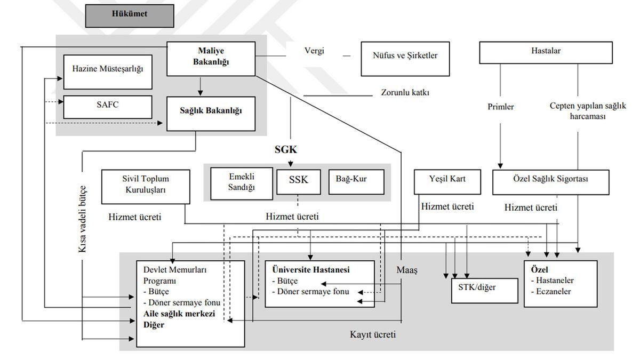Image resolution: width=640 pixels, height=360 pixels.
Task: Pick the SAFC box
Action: [107, 106]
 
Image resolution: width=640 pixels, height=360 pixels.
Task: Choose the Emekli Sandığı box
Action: [242, 183]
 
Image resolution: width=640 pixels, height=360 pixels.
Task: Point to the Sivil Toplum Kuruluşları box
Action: [145, 186]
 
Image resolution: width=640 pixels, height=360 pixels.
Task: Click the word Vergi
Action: [314, 52]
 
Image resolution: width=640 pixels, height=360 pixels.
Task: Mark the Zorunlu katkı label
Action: [405, 92]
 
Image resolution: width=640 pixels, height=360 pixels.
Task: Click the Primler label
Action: [501, 107]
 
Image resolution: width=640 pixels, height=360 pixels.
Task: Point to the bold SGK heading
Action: [290, 150]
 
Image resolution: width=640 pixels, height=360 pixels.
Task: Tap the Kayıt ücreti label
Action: [373, 335]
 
